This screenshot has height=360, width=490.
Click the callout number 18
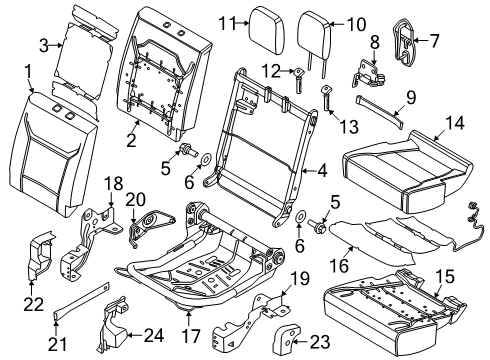[x=113, y=182]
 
